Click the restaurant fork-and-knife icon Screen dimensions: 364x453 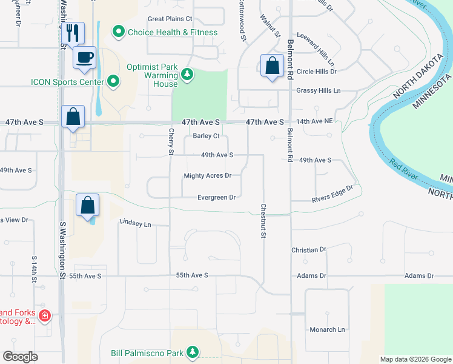[73, 33]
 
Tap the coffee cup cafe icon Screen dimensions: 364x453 [84, 58]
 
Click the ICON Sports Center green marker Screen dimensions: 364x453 [114, 81]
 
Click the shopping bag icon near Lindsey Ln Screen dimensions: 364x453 [88, 205]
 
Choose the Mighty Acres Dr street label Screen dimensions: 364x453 [207, 176]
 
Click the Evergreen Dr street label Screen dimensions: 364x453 [216, 197]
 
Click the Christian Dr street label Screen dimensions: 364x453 [308, 249]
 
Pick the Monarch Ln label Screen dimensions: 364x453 [326, 329]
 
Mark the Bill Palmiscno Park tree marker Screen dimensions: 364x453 [192, 352]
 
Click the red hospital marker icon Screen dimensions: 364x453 [44, 315]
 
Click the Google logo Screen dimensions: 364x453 [21, 357]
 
